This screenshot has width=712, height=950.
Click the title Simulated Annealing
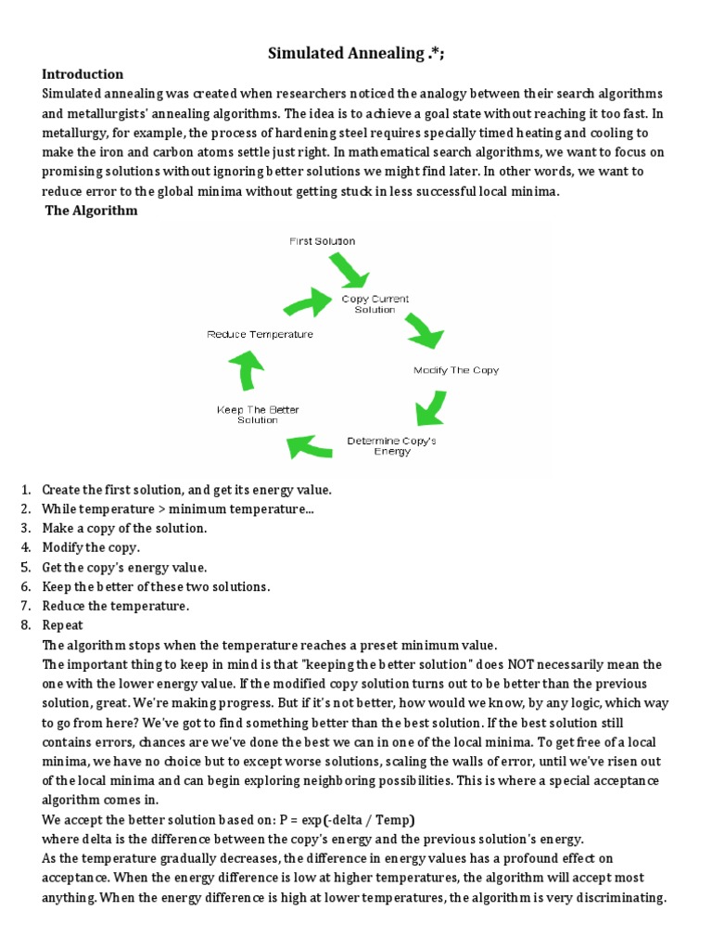coord(356,53)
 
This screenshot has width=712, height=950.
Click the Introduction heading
coord(83,74)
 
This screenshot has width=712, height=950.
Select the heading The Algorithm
coord(92,211)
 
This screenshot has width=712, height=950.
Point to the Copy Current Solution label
coord(375,304)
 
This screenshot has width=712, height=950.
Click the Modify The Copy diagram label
coord(455,370)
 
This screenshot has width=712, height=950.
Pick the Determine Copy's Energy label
coord(391,446)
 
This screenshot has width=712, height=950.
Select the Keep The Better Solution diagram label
coord(258,415)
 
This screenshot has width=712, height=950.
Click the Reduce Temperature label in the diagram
coord(259,334)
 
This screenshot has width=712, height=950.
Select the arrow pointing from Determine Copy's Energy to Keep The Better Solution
coord(309,448)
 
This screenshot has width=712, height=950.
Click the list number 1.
coord(25,490)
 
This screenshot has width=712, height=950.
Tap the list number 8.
coord(25,626)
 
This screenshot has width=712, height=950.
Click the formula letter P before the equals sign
coord(284,820)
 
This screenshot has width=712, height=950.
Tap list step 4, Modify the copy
coord(91,548)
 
